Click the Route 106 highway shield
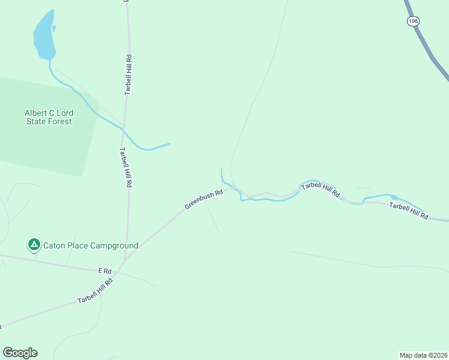[412, 21]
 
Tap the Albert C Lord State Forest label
[48, 117]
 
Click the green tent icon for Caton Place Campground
[34, 245]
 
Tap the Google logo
[20, 353]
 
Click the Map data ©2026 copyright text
[423, 355]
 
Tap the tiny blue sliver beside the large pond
[54, 28]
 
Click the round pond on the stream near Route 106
[394, 197]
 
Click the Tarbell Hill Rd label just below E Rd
[95, 292]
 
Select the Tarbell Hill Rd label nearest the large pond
[128, 75]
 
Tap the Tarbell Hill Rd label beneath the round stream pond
[408, 211]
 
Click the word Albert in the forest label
[35, 113]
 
